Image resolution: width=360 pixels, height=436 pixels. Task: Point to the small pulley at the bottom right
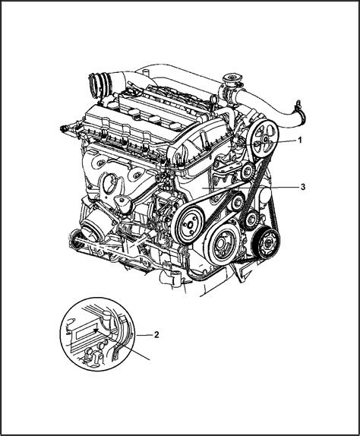264,245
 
